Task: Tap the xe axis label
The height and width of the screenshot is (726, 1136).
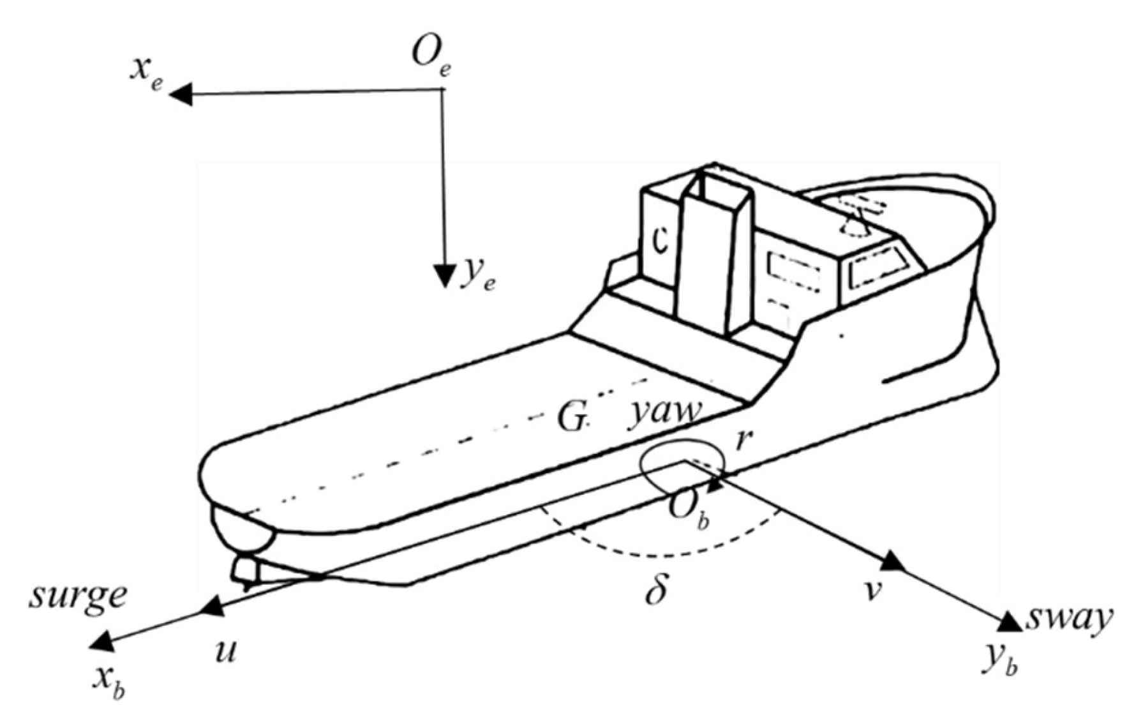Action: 146,71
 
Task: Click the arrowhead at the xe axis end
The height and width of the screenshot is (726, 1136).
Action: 181,95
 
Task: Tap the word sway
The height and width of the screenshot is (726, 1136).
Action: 1068,618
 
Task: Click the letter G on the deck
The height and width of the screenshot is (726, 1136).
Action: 571,418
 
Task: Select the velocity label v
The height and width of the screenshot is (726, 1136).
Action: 872,591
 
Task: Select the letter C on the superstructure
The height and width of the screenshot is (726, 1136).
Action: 661,241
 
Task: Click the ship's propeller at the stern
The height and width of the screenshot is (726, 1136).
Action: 246,570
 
